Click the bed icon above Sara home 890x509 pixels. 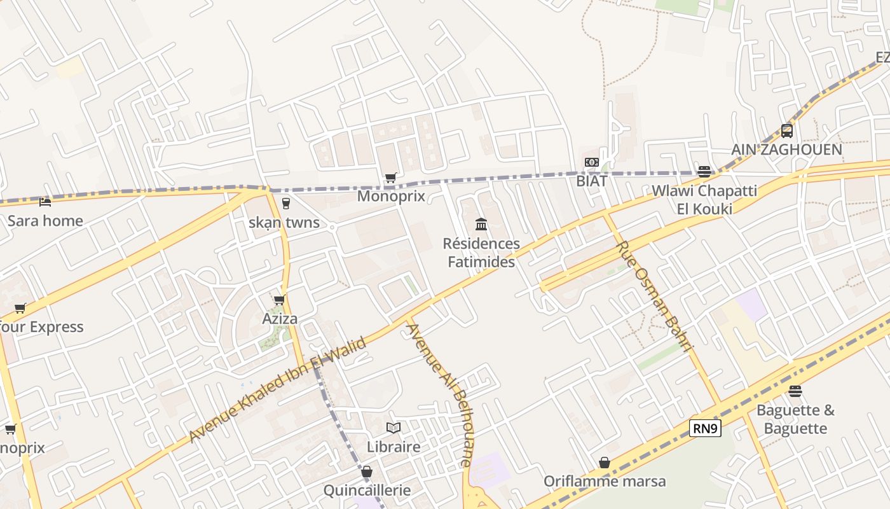tap(45, 202)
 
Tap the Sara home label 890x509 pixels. tap(45, 221)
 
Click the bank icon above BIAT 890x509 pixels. tap(592, 162)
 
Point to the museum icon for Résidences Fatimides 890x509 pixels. tap(481, 225)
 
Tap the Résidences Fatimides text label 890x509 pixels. tap(481, 253)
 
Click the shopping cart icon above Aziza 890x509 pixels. tap(279, 300)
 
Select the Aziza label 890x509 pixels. tap(280, 319)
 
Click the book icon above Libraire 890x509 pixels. tap(394, 428)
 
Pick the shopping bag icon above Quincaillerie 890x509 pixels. tap(367, 472)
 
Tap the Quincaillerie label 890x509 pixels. tap(367, 491)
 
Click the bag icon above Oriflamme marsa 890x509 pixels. tap(605, 463)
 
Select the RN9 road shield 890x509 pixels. tap(705, 428)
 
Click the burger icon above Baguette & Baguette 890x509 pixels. tap(795, 391)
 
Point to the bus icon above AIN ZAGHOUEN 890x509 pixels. tap(787, 131)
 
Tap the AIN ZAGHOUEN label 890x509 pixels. tap(786, 150)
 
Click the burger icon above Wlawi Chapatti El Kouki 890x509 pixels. tap(704, 172)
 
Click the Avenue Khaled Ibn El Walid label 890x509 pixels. tap(278, 390)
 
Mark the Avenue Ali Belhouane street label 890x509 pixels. tap(439, 395)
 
